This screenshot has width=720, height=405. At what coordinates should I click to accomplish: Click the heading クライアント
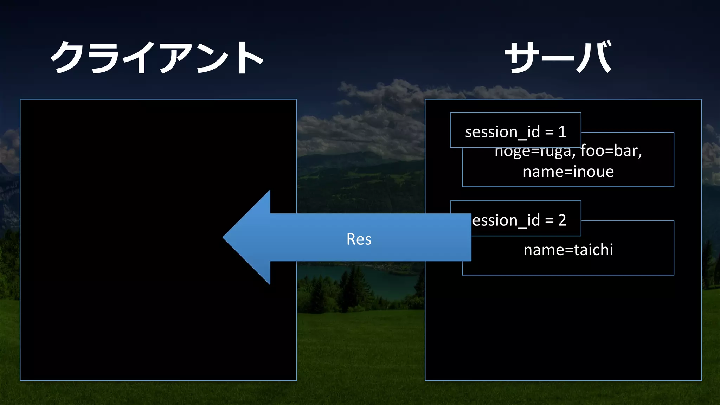coord(157,57)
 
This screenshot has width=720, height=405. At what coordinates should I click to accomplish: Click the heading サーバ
coord(558,57)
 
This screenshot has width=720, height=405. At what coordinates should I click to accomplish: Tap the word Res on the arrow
coord(359,239)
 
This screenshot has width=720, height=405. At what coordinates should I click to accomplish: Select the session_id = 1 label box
coord(515,130)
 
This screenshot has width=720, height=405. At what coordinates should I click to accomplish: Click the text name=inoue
coord(568,172)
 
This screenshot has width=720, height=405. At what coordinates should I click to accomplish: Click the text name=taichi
coord(568,250)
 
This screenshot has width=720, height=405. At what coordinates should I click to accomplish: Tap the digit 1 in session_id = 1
coord(562,132)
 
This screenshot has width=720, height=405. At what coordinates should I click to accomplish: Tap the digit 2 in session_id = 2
coord(562,220)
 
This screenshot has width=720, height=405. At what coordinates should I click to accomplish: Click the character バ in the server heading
coord(594,57)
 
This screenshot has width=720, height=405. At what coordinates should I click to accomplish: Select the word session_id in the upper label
coord(502,132)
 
